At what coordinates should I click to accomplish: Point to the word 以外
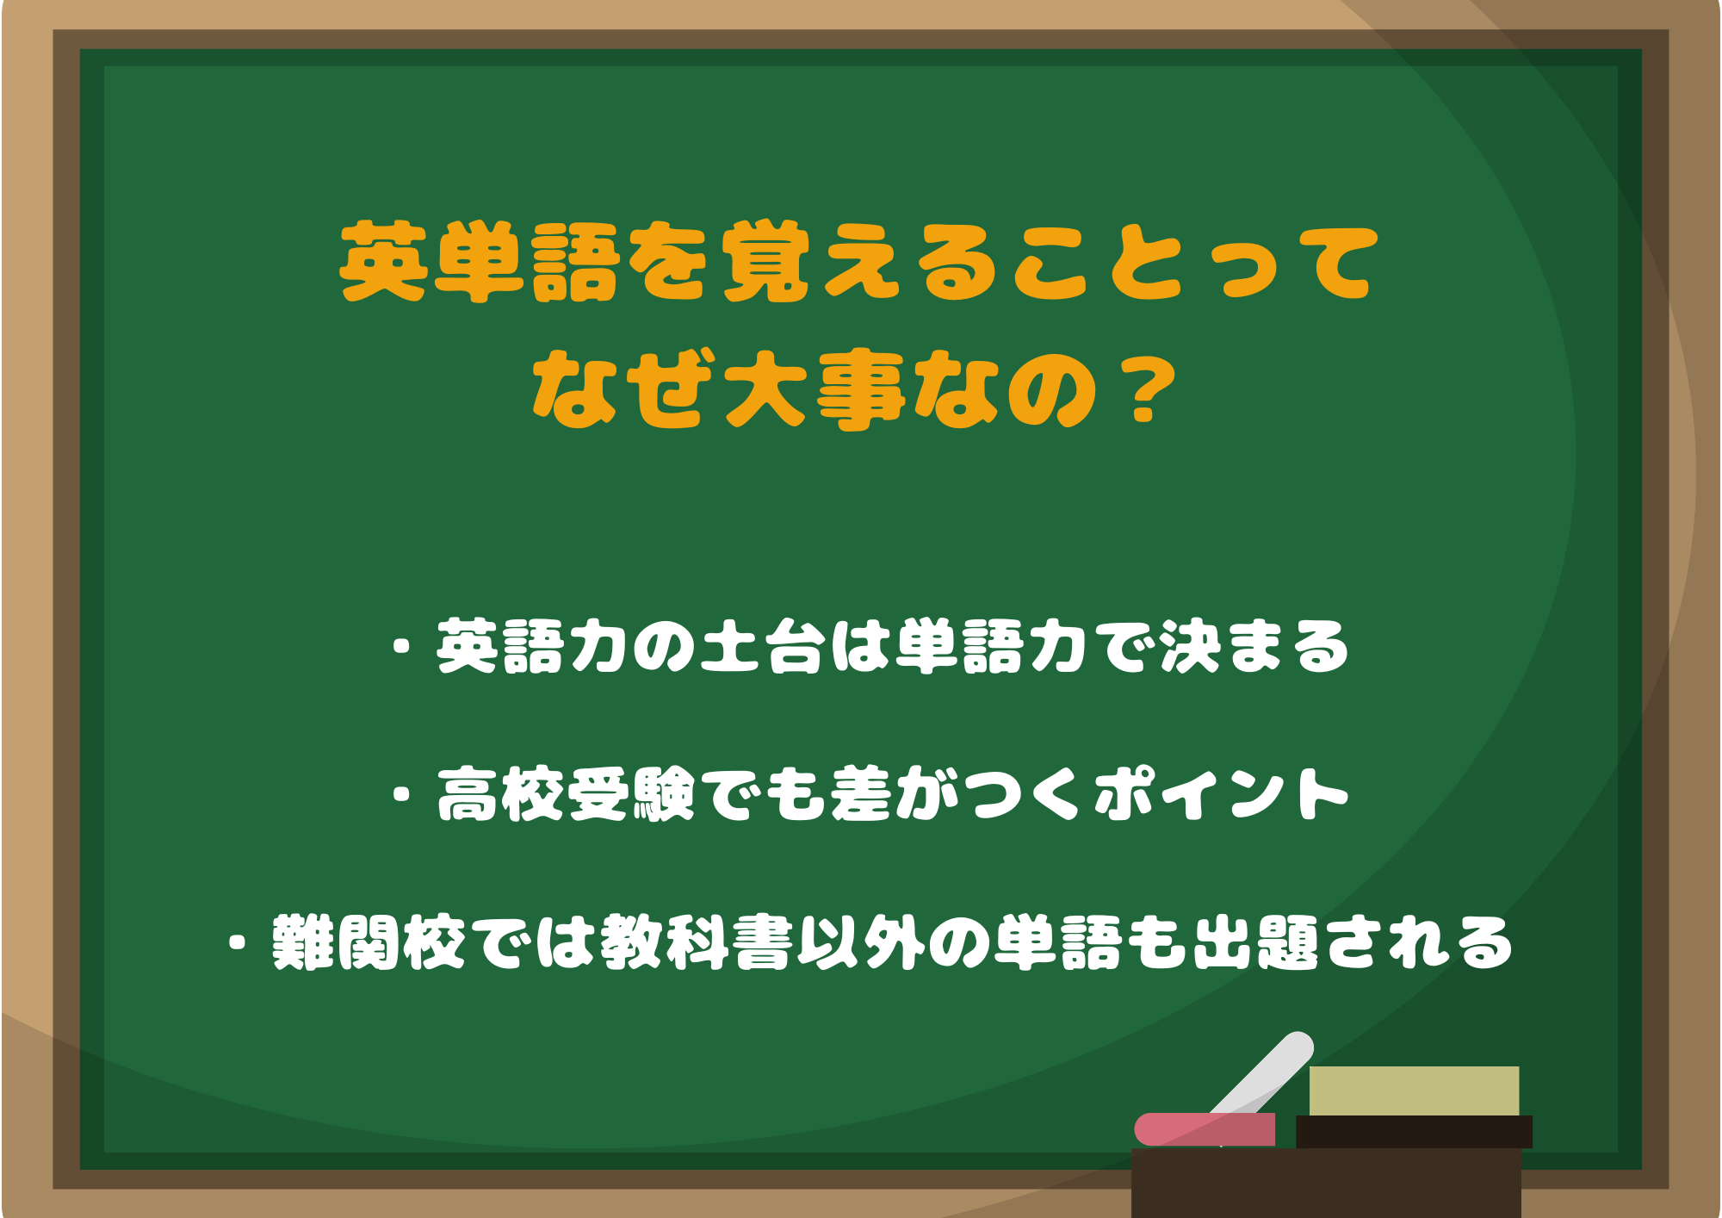pos(861,942)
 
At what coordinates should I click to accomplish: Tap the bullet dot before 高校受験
pos(401,794)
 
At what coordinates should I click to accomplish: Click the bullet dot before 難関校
pos(238,942)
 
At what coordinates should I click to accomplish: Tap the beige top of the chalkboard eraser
pos(1414,1091)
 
